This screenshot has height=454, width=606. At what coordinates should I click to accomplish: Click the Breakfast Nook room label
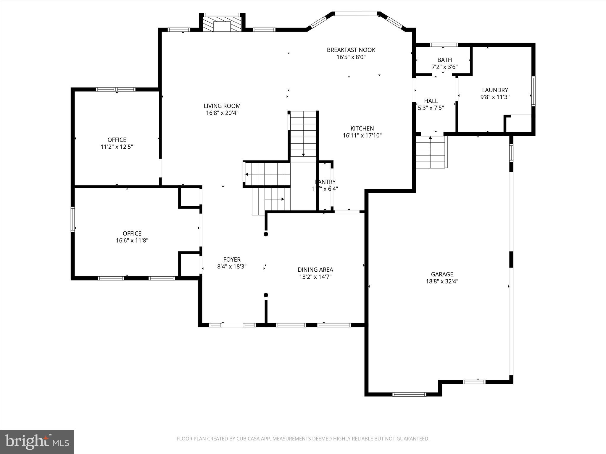click(x=351, y=50)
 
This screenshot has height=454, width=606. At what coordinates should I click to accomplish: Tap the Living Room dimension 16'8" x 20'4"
click(x=222, y=113)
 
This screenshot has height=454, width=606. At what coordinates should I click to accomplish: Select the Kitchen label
click(x=362, y=128)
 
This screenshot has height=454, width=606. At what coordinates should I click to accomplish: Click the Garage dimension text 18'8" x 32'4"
click(x=442, y=281)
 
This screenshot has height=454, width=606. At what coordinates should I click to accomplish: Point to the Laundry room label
click(x=495, y=90)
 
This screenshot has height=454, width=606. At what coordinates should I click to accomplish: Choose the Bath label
click(x=445, y=60)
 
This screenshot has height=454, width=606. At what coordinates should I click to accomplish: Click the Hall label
click(x=431, y=101)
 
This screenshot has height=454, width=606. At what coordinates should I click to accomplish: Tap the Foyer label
click(x=232, y=260)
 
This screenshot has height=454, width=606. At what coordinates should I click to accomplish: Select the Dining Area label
click(x=315, y=270)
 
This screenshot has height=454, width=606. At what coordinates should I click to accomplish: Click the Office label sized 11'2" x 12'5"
click(x=117, y=140)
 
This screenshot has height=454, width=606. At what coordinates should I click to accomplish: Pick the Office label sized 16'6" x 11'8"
click(x=132, y=234)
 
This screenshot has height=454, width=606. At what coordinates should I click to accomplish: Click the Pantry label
click(x=325, y=182)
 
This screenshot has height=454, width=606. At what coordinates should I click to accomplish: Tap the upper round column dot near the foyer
click(x=266, y=234)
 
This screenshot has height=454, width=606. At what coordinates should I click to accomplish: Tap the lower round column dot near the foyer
click(x=266, y=295)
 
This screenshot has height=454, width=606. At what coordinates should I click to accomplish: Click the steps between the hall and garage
click(x=431, y=152)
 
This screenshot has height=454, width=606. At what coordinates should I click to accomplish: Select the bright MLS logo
click(x=37, y=442)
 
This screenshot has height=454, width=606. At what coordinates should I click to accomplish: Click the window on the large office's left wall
click(x=72, y=219)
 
